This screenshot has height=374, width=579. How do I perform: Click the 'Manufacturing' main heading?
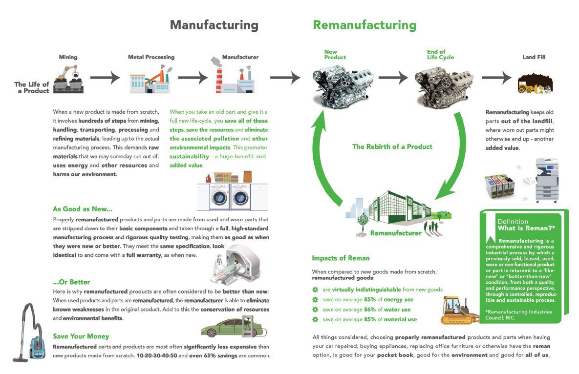pos(214,25)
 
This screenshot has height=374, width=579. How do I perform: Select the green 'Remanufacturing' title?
pos(365,25)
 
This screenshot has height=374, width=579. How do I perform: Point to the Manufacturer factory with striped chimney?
pos(234,77)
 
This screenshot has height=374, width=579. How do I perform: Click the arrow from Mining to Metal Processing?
pos(105,77)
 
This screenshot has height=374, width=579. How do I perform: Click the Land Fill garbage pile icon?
pos(534,83)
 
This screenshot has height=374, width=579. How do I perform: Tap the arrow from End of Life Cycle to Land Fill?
pos(497,78)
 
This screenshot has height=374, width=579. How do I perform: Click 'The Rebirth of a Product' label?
pos(392,146)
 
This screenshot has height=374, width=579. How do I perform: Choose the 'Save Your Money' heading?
pos(81,336)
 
